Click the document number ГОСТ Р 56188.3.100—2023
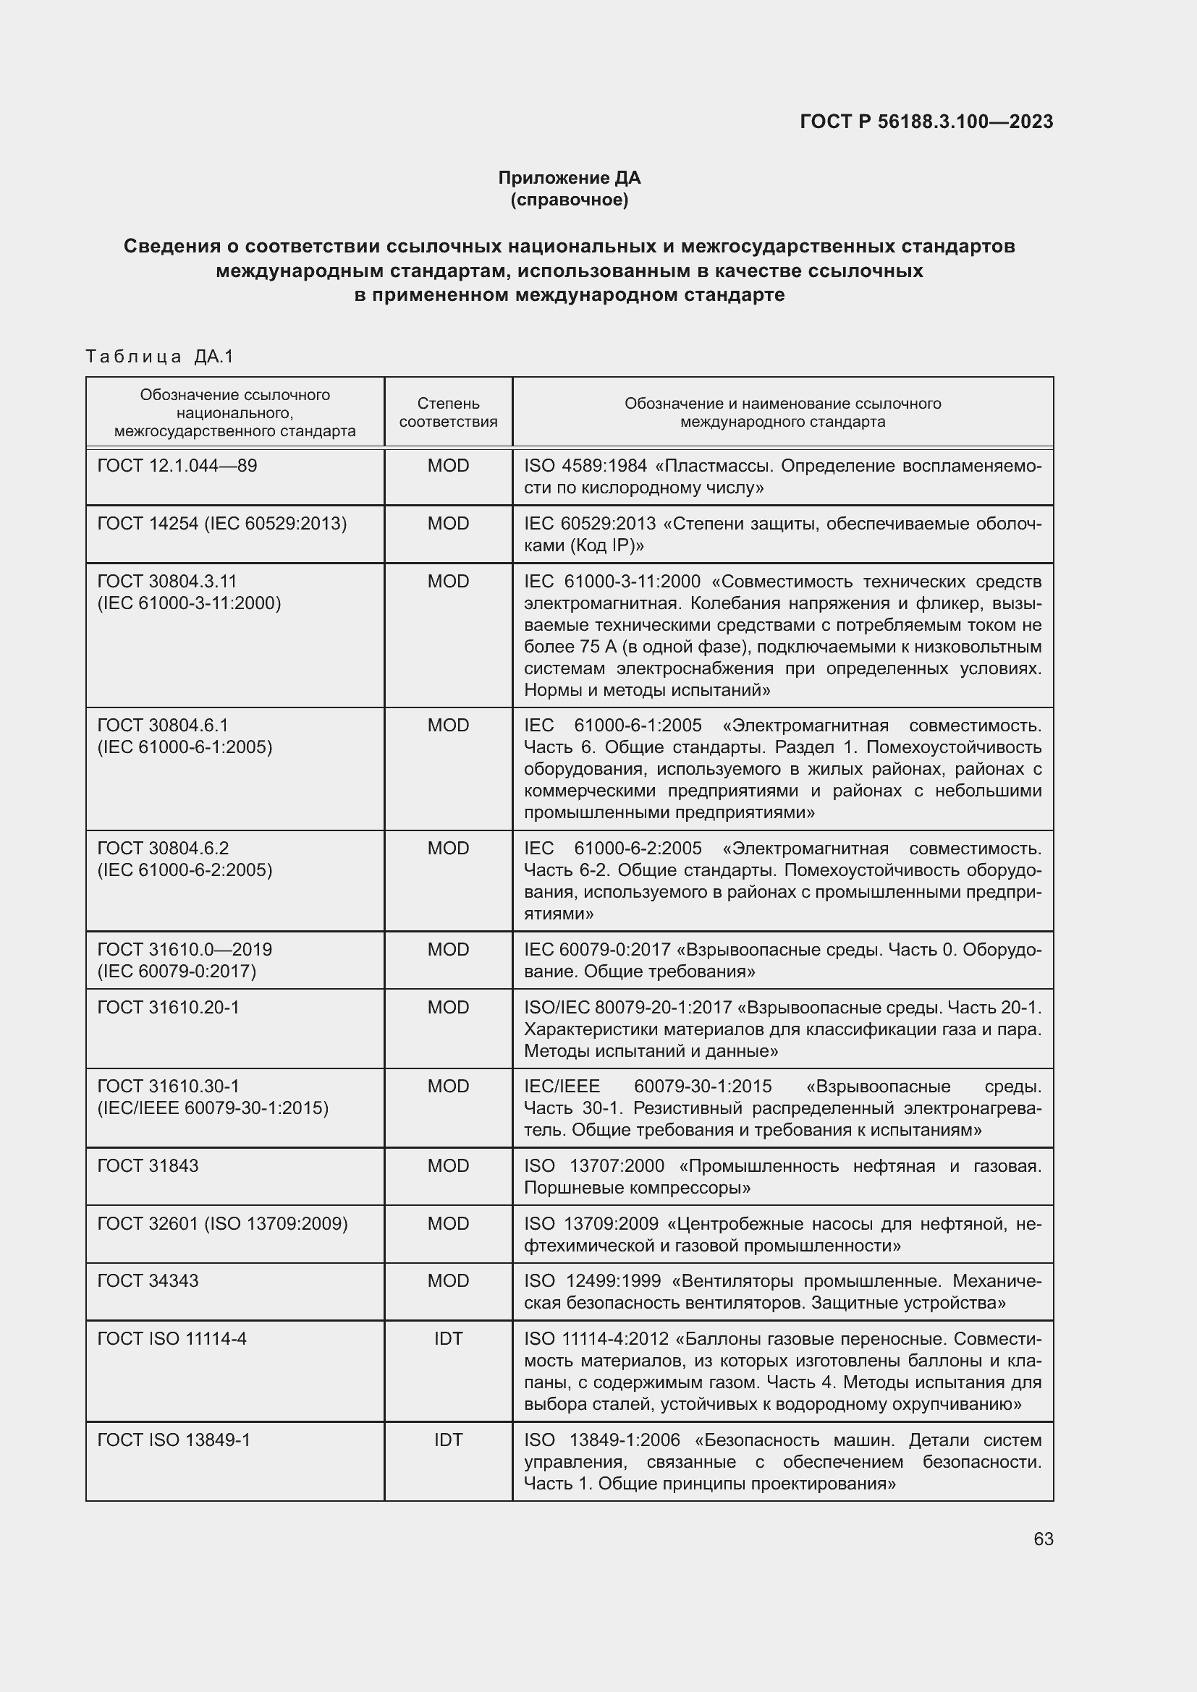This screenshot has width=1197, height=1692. pos(926,122)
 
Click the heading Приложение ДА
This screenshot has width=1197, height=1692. pos(569,178)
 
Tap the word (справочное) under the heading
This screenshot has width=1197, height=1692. pos(569,200)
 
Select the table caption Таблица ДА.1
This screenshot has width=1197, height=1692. pos(159,357)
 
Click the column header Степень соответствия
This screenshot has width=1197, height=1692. pos(448,412)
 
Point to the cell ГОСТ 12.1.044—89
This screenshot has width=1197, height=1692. pos(177,466)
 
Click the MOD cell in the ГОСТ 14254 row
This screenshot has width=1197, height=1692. pos(448,523)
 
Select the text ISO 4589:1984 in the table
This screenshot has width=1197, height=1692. pos(585,466)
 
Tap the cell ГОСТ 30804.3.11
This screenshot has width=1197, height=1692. pos(167,582)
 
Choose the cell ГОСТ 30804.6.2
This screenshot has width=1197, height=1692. pos(163,849)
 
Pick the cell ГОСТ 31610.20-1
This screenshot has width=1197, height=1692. pos(168,1007)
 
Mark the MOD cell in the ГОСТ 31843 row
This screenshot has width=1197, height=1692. pos(448,1165)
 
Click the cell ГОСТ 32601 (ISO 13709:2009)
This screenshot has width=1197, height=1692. pos(222,1223)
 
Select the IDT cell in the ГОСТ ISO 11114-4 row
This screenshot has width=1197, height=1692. pos(448,1338)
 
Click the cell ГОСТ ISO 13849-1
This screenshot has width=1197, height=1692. pos(173,1440)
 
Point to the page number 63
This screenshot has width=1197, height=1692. pos(1043,1539)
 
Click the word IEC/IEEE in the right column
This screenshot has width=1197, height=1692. pos(562,1087)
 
